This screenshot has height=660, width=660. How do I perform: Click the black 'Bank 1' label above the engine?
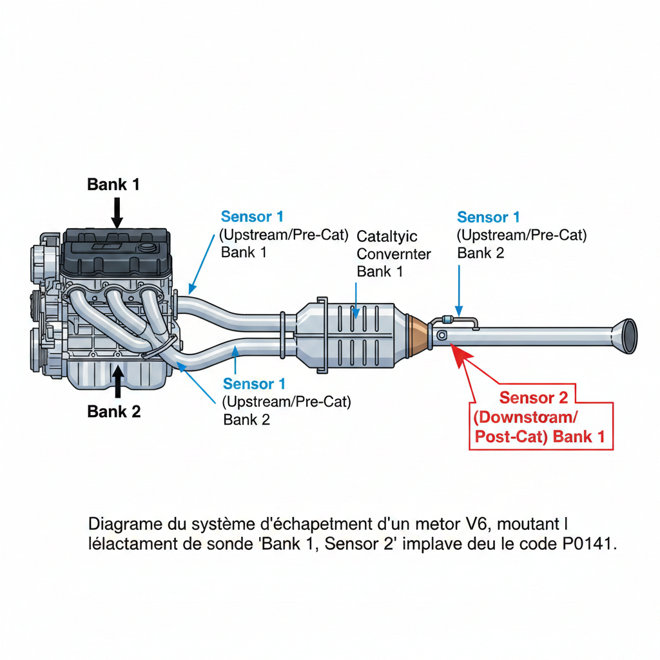tap(113, 184)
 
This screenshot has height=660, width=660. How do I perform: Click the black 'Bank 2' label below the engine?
tap(113, 411)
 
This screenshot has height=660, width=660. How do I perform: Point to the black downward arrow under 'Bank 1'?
tap(117, 213)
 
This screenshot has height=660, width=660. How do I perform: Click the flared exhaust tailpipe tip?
tap(626, 335)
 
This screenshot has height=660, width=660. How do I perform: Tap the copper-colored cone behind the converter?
tap(419, 335)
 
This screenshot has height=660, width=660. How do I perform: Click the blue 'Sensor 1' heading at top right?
tap(488, 217)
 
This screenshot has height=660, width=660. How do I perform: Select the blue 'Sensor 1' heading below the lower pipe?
tap(254, 384)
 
